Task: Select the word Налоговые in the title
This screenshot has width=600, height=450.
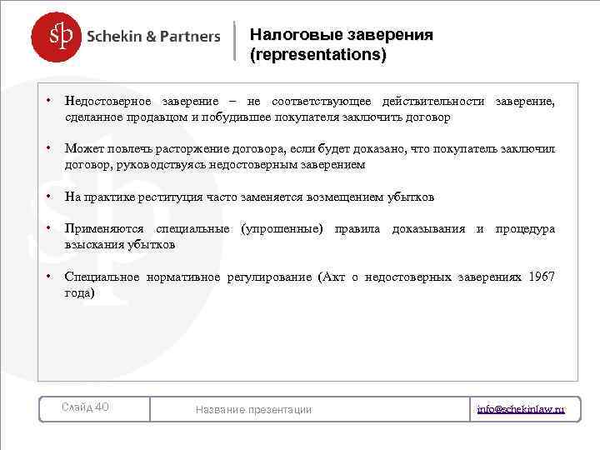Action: click(x=286, y=35)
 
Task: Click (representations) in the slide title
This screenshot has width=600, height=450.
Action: click(x=317, y=55)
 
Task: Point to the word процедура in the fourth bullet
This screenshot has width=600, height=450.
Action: click(x=525, y=229)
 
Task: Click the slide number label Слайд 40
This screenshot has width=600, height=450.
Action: click(x=86, y=407)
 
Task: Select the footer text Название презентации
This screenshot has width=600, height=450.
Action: click(x=253, y=409)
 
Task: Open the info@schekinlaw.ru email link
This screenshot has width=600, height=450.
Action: click(x=521, y=409)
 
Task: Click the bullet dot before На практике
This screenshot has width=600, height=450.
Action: click(x=50, y=197)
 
